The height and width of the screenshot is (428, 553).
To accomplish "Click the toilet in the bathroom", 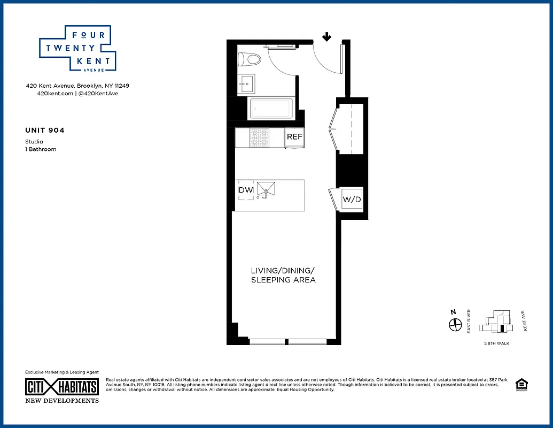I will (250, 58).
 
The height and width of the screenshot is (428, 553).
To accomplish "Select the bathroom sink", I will (247, 82).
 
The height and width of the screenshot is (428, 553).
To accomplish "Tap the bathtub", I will (271, 109).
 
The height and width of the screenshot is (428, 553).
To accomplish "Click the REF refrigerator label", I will (294, 137).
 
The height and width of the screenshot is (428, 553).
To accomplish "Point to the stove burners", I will (260, 138).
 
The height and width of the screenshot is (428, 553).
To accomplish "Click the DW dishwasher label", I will (245, 190).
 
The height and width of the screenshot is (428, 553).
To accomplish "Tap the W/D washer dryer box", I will (352, 200).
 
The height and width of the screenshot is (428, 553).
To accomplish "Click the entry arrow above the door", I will (326, 37).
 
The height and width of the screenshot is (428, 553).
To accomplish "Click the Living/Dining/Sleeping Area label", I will (283, 275).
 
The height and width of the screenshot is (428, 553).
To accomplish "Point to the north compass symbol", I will (455, 324).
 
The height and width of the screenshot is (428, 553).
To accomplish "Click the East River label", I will (469, 321).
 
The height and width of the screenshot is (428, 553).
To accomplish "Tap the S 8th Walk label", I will (496, 343).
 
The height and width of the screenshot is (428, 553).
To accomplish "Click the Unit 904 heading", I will (45, 130).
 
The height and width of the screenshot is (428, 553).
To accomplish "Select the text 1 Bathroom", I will (41, 149).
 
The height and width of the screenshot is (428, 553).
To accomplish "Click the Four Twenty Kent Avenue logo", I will (78, 48).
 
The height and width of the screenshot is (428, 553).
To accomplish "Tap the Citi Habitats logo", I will (62, 387).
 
